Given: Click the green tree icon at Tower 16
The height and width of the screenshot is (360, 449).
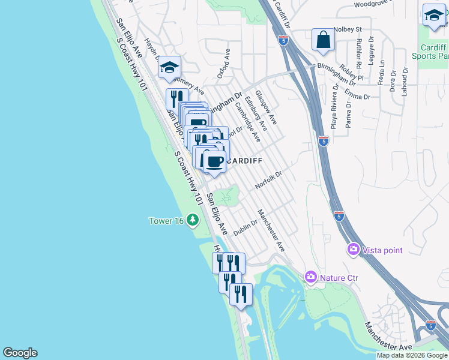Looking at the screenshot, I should click(193, 220).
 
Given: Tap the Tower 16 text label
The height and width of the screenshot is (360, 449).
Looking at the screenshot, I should click(166, 221).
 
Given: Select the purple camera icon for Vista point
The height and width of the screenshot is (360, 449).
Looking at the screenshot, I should click(353, 249).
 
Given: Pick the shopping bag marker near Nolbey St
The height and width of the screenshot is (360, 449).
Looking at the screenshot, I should click(323, 40).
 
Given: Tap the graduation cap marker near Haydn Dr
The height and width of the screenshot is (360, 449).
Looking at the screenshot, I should click(169, 67).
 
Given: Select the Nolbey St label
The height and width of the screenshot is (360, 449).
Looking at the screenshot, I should click(348, 29).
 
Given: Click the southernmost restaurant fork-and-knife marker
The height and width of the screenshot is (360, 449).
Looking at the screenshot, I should click(240, 293).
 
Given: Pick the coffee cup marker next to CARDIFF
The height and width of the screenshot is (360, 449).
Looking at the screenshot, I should click(214, 161).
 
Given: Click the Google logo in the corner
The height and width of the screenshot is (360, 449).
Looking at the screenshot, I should click(20, 353).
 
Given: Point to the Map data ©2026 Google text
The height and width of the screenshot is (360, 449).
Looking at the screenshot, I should click(412, 355).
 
